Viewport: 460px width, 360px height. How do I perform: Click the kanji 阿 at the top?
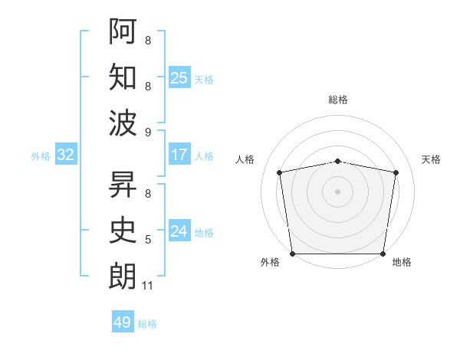pyautogui.click(x=123, y=31)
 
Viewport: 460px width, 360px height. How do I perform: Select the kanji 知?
pyautogui.click(x=123, y=77)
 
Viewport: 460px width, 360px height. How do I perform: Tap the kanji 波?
pyautogui.click(x=123, y=123)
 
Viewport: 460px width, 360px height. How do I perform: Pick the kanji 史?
pyautogui.click(x=123, y=231)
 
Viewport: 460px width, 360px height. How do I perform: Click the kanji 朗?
pyautogui.click(x=123, y=277)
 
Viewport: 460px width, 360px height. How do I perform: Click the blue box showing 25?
pyautogui.click(x=179, y=77)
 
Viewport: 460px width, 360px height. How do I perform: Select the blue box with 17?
pyautogui.click(x=179, y=155)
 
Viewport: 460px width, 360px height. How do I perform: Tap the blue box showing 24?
pyautogui.click(x=179, y=231)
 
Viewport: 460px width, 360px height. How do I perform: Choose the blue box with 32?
pyautogui.click(x=66, y=155)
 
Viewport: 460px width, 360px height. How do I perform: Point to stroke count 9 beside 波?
pyautogui.click(x=148, y=133)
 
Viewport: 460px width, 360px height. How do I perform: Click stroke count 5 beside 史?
pyautogui.click(x=148, y=240)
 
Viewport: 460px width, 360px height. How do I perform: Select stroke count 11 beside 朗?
pyautogui.click(x=148, y=286)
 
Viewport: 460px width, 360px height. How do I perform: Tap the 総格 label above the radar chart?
pyautogui.click(x=338, y=100)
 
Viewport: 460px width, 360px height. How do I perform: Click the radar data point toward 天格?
pyautogui.click(x=396, y=172)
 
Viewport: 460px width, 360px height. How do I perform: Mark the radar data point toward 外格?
pyautogui.click(x=292, y=254)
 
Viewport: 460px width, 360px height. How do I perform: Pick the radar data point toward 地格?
pyautogui.click(x=383, y=254)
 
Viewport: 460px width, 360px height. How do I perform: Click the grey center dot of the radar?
pyautogui.click(x=337, y=191)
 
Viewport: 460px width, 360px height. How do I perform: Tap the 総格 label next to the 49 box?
pyautogui.click(x=147, y=324)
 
